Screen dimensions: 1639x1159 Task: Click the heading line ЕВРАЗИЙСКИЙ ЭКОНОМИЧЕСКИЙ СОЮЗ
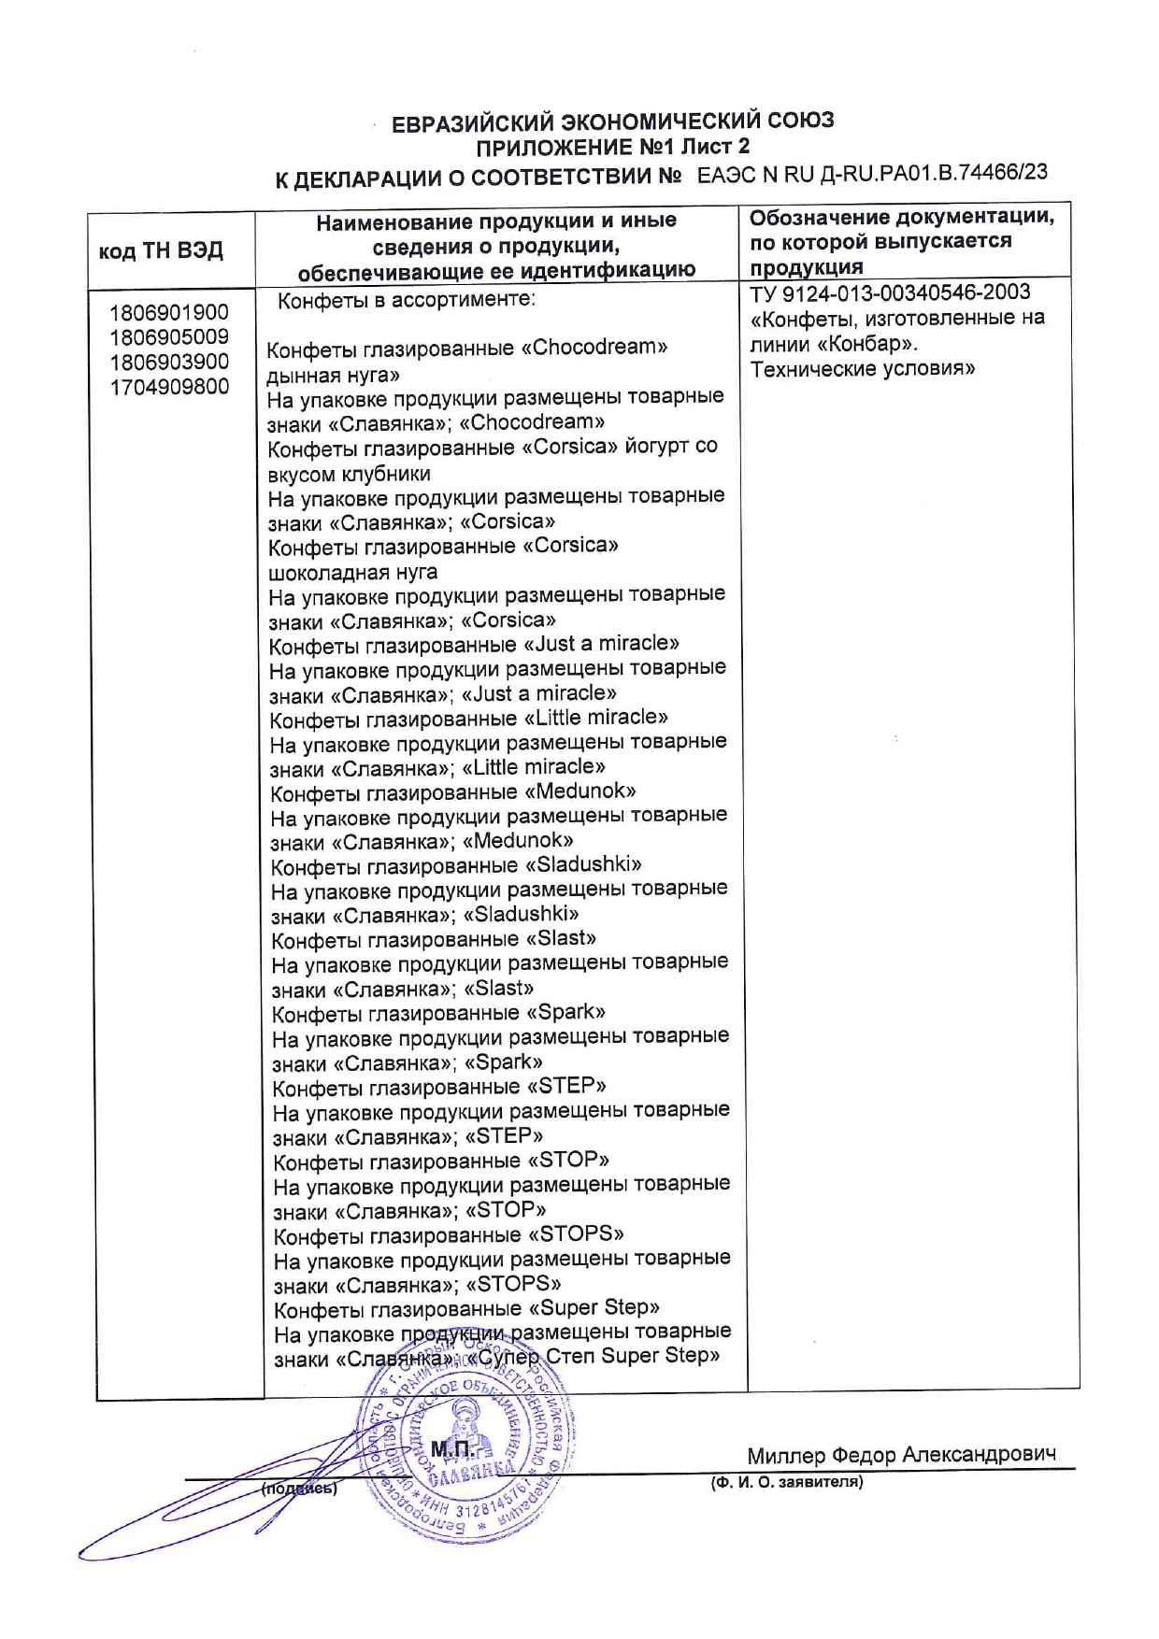click(612, 121)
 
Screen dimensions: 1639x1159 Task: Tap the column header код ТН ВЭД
click(161, 250)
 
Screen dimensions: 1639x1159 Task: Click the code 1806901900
click(169, 312)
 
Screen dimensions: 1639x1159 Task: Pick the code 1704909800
click(169, 386)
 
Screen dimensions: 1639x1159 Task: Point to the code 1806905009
click(169, 336)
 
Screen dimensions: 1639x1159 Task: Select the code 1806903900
click(169, 362)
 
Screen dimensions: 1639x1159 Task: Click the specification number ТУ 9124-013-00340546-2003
click(890, 293)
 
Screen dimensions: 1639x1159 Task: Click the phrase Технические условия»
click(863, 368)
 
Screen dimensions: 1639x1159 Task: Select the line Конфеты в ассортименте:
click(407, 300)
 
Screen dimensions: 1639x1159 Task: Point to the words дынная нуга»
click(334, 375)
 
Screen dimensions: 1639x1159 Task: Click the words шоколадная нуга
click(353, 572)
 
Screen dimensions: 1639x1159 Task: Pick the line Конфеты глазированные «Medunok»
click(453, 792)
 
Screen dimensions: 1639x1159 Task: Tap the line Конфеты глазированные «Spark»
click(438, 1013)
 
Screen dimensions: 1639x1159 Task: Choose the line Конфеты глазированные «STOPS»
click(449, 1235)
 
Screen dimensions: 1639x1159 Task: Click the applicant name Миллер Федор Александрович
click(901, 1455)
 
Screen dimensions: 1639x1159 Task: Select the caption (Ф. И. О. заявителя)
click(786, 1482)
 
